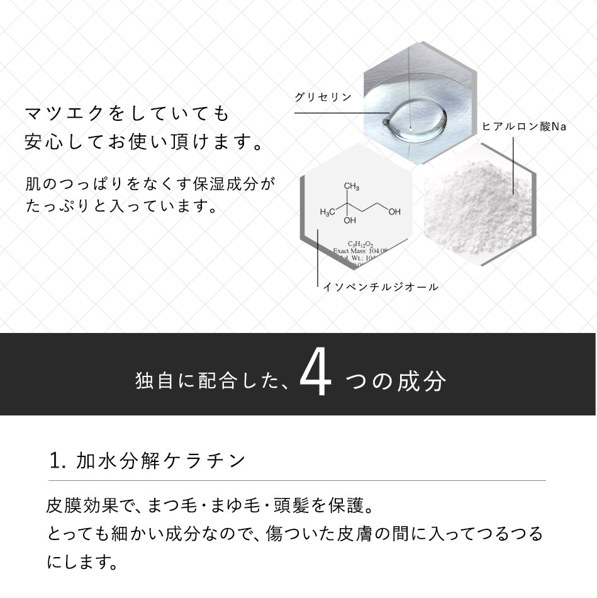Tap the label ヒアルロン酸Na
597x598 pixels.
(524, 127)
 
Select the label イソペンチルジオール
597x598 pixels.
(380, 287)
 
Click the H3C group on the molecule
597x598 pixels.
(327, 212)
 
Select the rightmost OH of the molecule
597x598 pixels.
(394, 212)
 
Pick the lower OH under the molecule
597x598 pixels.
(350, 221)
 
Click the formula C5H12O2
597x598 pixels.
(359, 243)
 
